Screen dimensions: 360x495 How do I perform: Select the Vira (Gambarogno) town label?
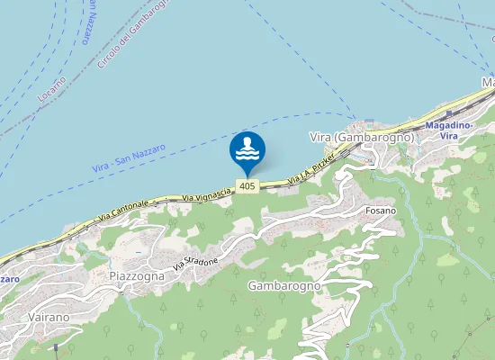click(x=360, y=137)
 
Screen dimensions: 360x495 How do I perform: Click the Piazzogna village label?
click(x=137, y=275)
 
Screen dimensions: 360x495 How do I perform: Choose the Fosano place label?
click(x=381, y=211)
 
